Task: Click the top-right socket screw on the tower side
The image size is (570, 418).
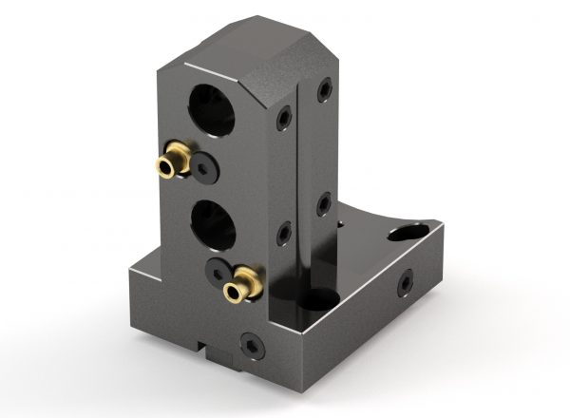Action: (325, 91)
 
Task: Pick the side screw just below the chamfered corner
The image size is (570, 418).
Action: (282, 117)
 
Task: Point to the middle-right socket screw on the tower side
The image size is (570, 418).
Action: (324, 202)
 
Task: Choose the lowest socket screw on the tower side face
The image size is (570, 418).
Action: (282, 231)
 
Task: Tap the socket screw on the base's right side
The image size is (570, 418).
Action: (406, 282)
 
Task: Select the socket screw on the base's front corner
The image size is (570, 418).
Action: (251, 343)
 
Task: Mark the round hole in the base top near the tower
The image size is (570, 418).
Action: (314, 305)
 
